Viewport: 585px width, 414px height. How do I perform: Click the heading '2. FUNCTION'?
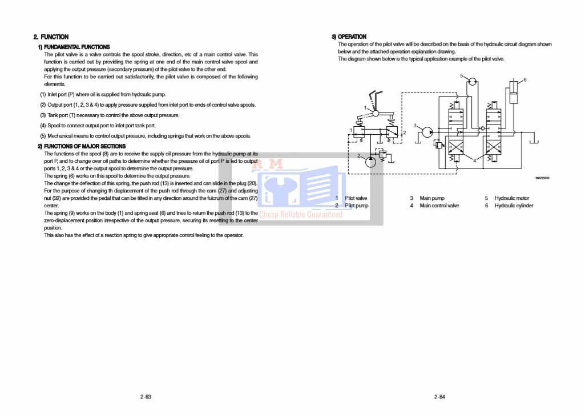coord(51,37)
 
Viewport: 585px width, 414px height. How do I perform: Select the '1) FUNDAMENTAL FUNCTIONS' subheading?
coord(74,47)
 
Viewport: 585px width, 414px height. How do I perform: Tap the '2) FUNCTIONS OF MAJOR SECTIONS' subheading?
coord(81,146)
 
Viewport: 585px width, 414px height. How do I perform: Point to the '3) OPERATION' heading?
coord(349,37)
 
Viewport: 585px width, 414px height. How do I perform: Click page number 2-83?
coord(146,396)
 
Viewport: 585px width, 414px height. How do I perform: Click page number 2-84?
coord(439,396)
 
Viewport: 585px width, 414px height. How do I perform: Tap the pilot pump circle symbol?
coord(370,162)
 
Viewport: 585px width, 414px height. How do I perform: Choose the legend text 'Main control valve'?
coord(439,206)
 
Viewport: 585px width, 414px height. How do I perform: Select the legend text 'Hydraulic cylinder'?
coord(514,206)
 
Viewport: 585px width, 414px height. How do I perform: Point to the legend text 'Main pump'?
coord(432,198)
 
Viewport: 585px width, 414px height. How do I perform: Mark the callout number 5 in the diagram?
coord(461,75)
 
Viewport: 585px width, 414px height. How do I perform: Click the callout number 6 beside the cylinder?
coord(525,79)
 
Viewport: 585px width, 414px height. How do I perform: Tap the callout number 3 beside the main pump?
coord(415,126)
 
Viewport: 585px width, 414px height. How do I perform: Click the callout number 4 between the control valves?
coord(474,160)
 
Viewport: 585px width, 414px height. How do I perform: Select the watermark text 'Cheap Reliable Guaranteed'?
coord(301,215)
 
